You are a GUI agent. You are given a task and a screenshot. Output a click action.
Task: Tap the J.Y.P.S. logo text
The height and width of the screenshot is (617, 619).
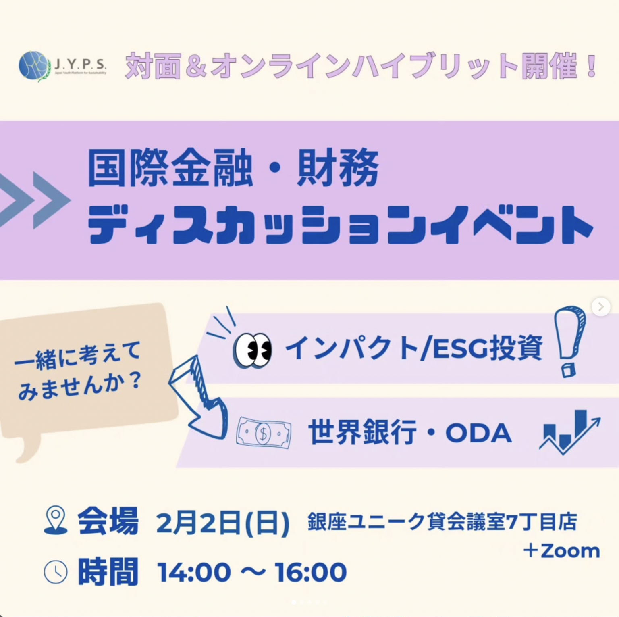click(x=80, y=64)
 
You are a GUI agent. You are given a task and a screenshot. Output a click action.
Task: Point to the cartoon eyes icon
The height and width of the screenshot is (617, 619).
click(x=252, y=350)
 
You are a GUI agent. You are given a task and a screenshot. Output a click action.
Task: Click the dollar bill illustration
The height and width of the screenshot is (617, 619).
click(x=264, y=433)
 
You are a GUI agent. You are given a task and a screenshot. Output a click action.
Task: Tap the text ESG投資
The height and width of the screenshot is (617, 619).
click(x=488, y=348)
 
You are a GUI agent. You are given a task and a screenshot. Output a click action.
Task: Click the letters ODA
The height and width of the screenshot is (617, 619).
click(x=478, y=433)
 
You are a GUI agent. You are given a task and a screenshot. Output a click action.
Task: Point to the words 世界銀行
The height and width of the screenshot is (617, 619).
click(x=362, y=432)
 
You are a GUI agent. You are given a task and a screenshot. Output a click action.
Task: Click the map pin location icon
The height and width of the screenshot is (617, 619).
click(x=56, y=520)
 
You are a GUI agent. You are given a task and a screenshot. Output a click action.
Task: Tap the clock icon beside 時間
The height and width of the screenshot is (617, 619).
click(x=56, y=572)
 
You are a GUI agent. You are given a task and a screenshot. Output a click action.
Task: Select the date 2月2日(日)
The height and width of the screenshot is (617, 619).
click(x=222, y=523)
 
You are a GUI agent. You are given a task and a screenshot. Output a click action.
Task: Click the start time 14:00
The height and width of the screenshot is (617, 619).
click(x=194, y=572)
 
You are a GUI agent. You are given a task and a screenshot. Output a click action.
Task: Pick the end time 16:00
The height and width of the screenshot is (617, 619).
click(x=310, y=572)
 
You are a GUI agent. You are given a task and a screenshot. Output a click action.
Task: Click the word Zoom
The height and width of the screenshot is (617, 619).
click(x=570, y=551)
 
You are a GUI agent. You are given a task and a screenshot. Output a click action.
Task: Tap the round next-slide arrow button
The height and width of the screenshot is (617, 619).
click(x=601, y=307)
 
